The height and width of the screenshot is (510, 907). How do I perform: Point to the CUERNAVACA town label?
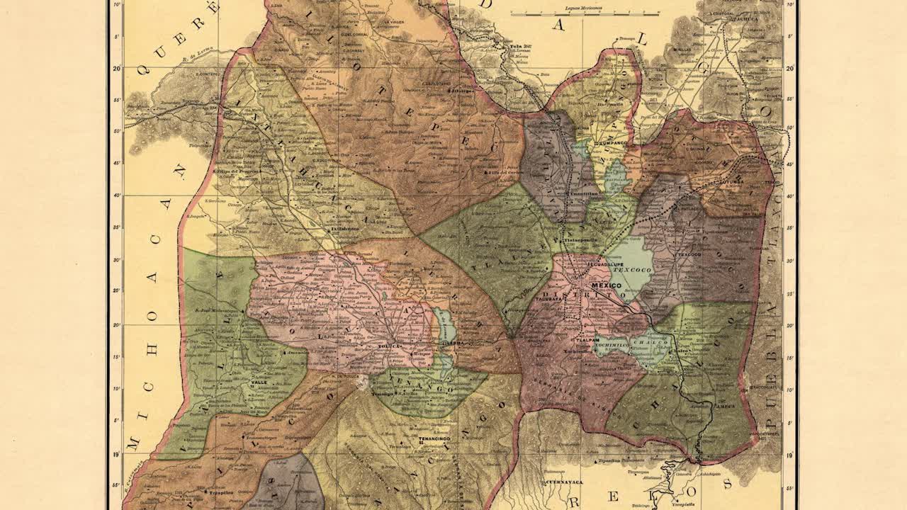544,481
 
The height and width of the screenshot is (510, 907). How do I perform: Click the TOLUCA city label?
404,346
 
